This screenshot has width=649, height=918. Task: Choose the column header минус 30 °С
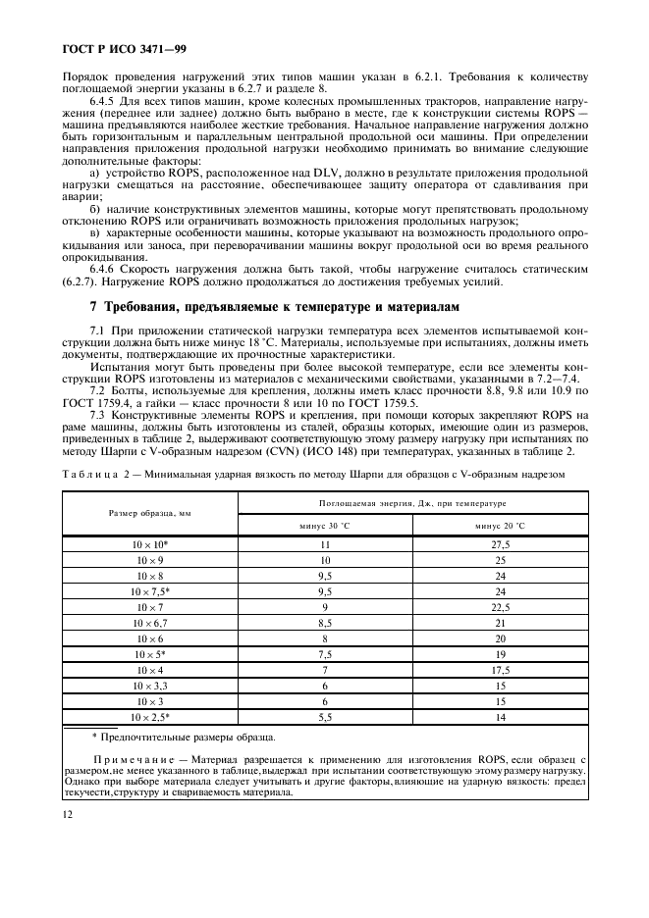click(324, 525)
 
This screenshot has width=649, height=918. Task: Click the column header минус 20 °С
click(501, 525)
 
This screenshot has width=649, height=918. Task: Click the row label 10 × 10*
click(150, 543)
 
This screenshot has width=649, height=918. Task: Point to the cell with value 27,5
click(501, 543)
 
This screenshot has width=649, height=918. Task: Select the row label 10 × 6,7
click(150, 622)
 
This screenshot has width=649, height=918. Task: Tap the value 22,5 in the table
click(501, 606)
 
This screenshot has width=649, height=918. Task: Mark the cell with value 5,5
click(324, 717)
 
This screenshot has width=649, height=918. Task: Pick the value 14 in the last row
click(501, 717)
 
